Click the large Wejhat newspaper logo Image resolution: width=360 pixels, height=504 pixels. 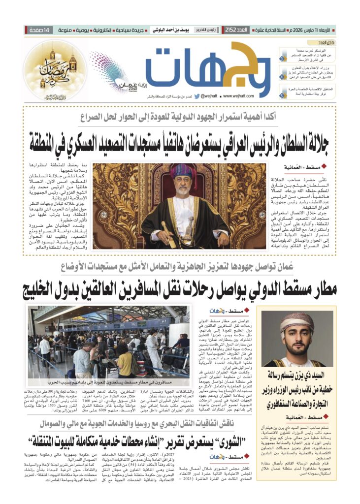(x=207, y=69)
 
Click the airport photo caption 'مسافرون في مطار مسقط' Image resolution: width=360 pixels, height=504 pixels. (x=108, y=381)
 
